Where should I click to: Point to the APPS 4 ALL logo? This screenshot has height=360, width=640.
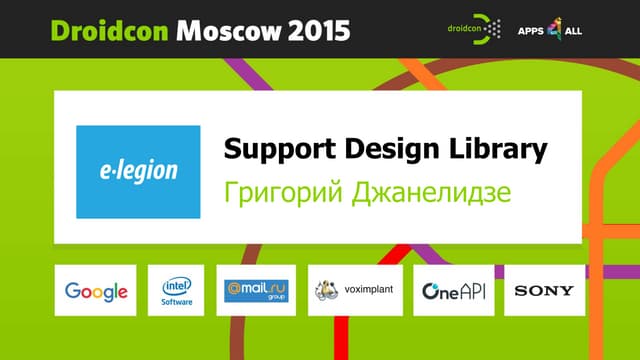(x=549, y=30)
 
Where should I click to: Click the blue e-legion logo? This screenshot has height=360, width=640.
(x=138, y=171)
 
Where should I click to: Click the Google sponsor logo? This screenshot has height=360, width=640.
(x=96, y=291)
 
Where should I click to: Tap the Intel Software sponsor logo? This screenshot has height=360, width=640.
(x=176, y=290)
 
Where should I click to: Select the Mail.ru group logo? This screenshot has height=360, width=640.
(x=257, y=290)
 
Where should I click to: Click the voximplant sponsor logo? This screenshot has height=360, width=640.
(x=355, y=290)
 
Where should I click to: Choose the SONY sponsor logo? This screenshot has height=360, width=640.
(x=543, y=291)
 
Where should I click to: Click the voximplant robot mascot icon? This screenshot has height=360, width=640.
(x=327, y=290)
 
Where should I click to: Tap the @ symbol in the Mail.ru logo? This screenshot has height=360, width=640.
(x=233, y=287)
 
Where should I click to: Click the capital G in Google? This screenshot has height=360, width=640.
(x=73, y=291)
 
